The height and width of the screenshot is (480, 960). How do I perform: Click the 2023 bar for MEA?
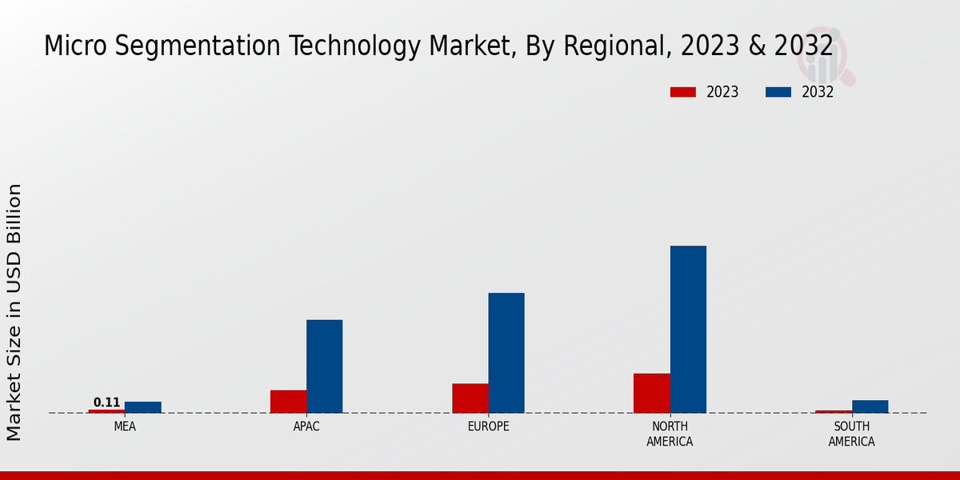(106, 411)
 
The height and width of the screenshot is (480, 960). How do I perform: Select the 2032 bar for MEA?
(143, 407)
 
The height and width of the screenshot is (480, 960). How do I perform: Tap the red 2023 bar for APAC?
(288, 402)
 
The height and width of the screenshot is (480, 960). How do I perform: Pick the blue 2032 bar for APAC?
(324, 366)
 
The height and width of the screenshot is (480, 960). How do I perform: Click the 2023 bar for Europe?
(470, 398)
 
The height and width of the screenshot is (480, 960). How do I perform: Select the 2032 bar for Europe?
(506, 353)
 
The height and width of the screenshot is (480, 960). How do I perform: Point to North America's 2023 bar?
(651, 393)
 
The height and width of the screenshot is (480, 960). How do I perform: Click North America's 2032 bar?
(688, 330)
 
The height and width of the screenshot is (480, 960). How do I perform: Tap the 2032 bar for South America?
(870, 406)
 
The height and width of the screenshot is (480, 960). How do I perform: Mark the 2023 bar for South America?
(834, 412)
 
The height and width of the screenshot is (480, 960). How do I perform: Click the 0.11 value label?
(106, 402)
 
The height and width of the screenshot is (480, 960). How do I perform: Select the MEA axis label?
(125, 426)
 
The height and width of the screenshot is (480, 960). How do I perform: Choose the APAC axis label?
(306, 426)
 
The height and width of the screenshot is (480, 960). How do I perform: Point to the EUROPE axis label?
(488, 426)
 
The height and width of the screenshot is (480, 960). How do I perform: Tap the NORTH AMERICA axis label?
(670, 434)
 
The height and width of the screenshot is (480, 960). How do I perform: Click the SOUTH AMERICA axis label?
(851, 434)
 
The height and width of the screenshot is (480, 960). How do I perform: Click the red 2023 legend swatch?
(682, 92)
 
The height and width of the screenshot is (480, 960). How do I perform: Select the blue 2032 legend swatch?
(778, 92)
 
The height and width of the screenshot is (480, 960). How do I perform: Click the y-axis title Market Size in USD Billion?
(14, 312)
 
